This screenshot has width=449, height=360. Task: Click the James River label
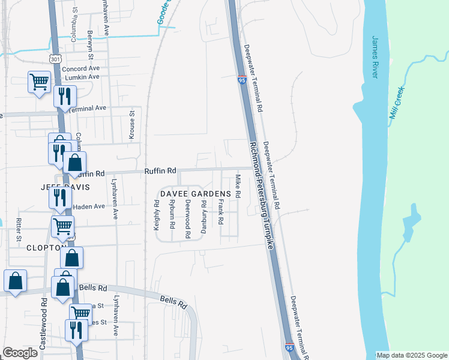pyautogui.click(x=375, y=57)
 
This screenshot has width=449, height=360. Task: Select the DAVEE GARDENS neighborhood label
pyautogui.click(x=194, y=194)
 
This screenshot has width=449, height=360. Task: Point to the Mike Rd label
pyautogui.click(x=238, y=187)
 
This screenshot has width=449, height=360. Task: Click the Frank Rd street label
pyautogui.click(x=221, y=213)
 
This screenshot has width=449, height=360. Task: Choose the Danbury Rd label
pyautogui.click(x=204, y=221)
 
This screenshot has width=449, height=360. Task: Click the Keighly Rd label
pyautogui.click(x=157, y=215)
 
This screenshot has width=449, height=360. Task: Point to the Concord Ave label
pyautogui.click(x=80, y=69)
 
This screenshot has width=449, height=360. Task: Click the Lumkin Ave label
pyautogui.click(x=81, y=77)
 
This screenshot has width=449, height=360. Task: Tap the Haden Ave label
pyautogui.click(x=89, y=207)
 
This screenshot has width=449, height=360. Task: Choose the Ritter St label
pyautogui.click(x=19, y=228)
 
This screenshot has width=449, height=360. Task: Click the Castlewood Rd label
pyautogui.click(x=44, y=323)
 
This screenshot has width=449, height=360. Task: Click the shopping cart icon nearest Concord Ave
pyautogui.click(x=39, y=82)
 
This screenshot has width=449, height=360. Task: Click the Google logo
pyautogui.click(x=20, y=353)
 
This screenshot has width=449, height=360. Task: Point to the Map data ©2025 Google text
pyautogui.click(x=411, y=355)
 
